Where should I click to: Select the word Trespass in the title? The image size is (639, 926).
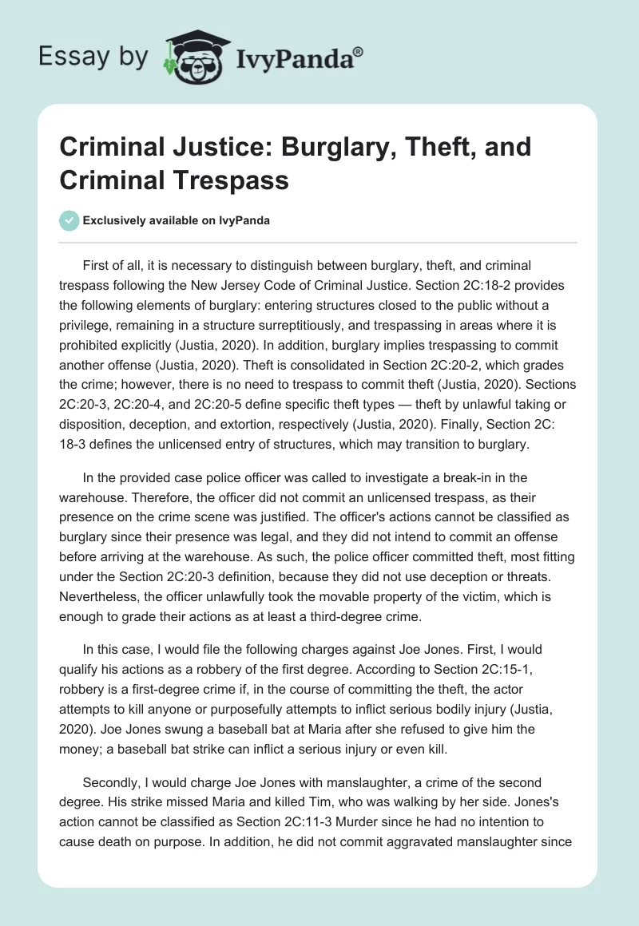(x=230, y=181)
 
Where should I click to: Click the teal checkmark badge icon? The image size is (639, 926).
(x=69, y=220)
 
